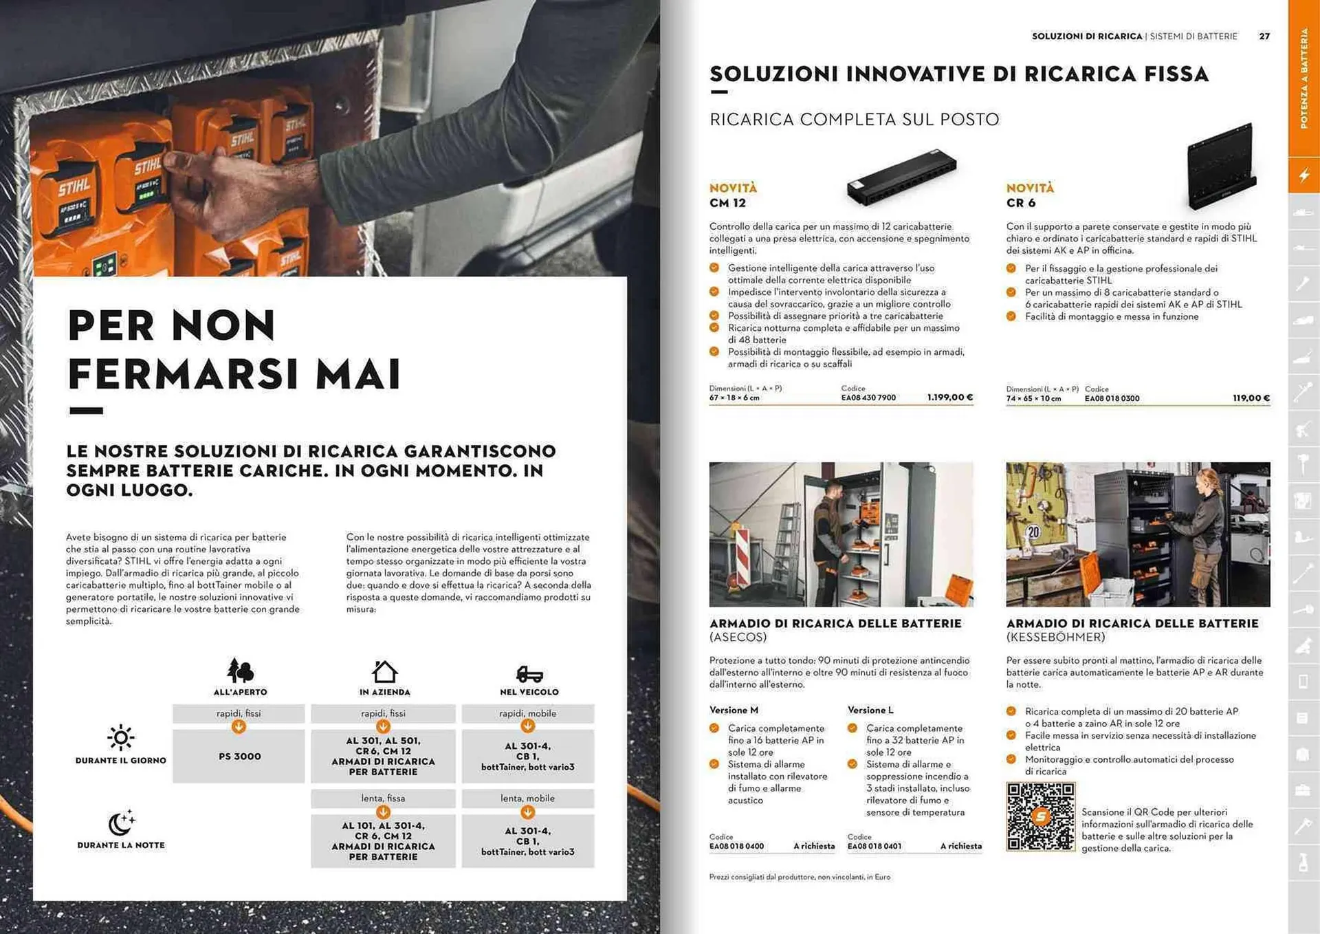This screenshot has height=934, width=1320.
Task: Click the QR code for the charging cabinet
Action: (1040, 816)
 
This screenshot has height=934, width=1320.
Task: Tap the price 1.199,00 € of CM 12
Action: (949, 398)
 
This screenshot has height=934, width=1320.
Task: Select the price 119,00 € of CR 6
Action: (1251, 398)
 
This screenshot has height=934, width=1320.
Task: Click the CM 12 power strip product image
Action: (901, 177)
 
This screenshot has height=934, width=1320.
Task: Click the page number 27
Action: (1264, 36)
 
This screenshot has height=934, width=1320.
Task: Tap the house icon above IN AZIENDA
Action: (384, 671)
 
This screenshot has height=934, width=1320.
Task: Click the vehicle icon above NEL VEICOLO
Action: (529, 673)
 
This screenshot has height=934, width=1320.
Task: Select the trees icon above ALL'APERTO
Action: (240, 670)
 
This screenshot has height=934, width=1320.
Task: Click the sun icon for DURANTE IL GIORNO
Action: (121, 737)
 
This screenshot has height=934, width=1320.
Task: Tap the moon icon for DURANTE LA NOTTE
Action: (121, 822)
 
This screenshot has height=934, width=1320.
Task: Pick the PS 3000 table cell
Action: (239, 756)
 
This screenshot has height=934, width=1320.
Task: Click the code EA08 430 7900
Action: (868, 398)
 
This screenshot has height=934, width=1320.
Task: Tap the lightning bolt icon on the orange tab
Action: (1303, 175)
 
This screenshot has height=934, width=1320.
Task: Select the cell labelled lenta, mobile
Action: (527, 799)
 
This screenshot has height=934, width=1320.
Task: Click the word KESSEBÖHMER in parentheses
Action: (1055, 638)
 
